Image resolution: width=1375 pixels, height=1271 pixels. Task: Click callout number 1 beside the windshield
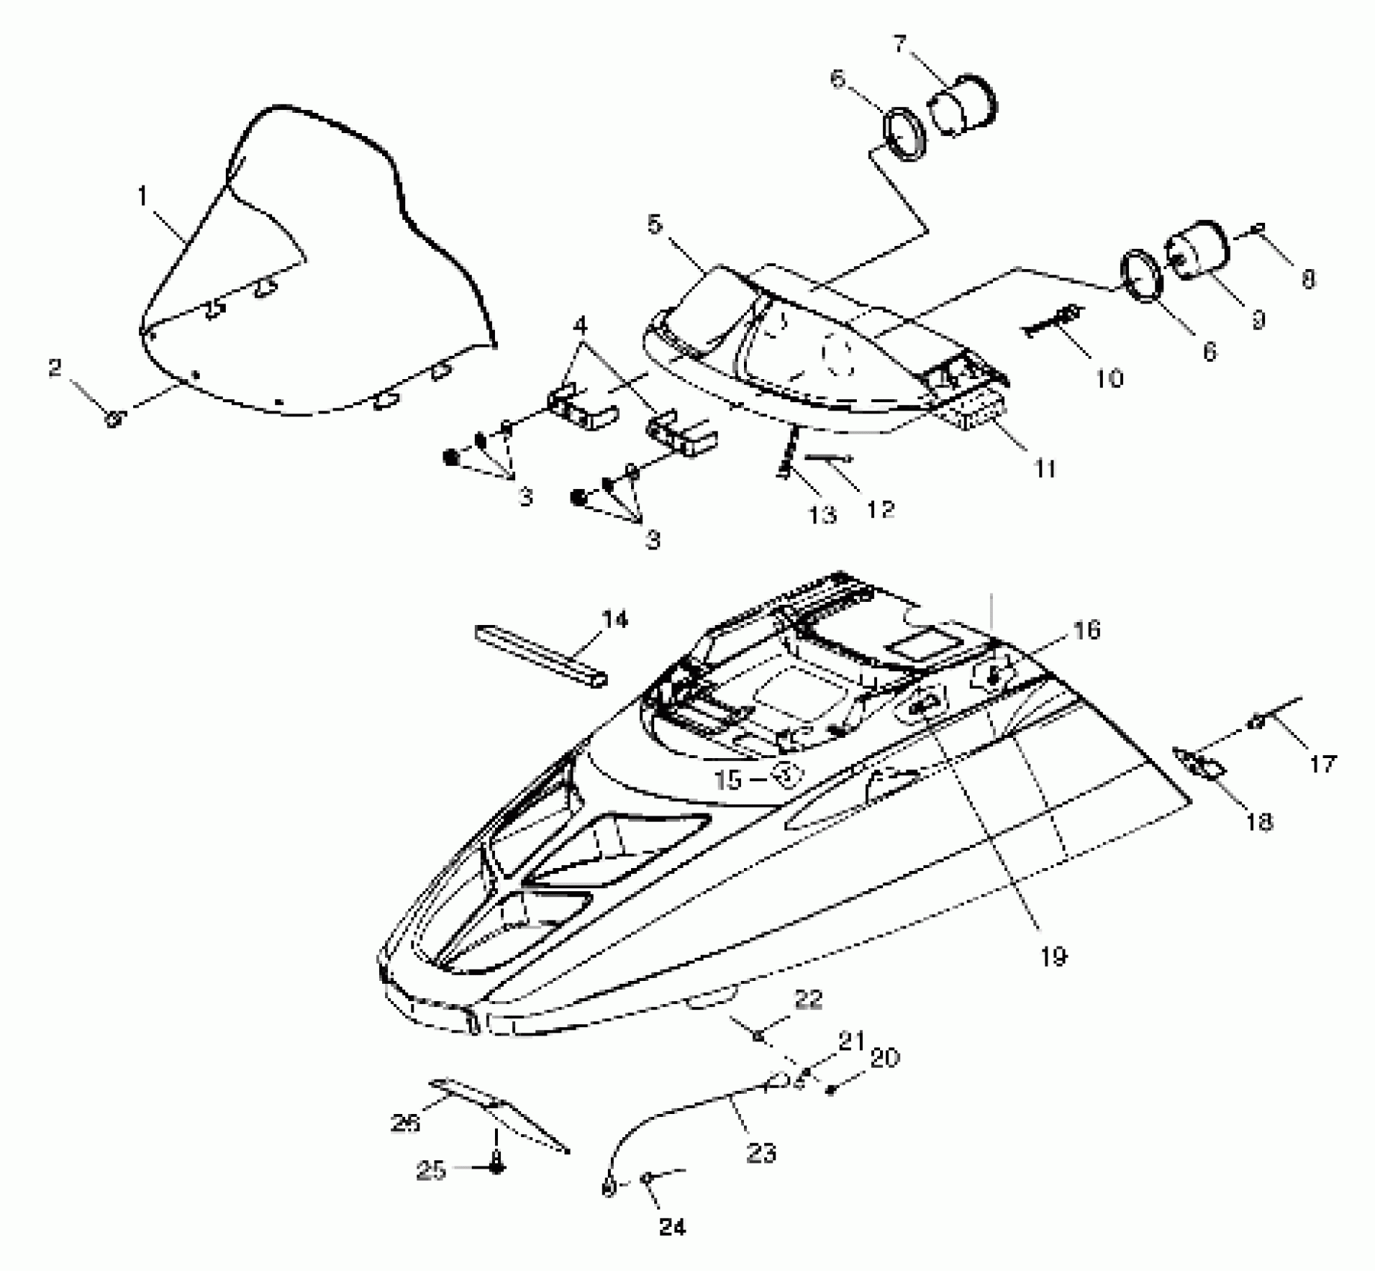coord(143,197)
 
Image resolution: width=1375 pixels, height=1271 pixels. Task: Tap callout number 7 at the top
coord(900,43)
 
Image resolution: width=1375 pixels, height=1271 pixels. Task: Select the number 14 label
coord(615,619)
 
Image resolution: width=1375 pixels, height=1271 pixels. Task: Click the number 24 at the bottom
coord(672,1226)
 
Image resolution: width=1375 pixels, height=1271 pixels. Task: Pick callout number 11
coord(1045,469)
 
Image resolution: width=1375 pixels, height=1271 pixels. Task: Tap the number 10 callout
coord(1110,378)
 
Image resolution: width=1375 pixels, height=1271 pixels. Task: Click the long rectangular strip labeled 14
coord(540,656)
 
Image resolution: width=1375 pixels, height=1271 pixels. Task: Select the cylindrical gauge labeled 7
coord(963,107)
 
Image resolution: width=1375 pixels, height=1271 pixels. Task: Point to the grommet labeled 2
coord(114,419)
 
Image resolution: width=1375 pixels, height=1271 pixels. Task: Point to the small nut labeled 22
coord(758,1035)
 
